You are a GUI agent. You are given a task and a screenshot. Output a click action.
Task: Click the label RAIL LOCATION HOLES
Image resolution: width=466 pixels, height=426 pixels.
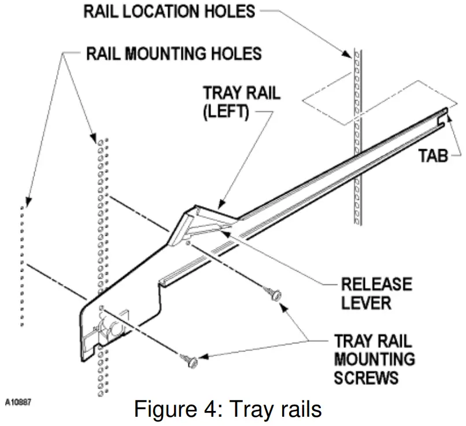pyautogui.click(x=168, y=12)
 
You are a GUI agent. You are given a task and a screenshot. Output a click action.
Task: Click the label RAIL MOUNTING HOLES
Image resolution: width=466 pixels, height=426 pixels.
pyautogui.click(x=173, y=54)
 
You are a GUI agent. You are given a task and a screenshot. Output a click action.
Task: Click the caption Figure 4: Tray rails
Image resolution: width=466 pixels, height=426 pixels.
pyautogui.click(x=228, y=409)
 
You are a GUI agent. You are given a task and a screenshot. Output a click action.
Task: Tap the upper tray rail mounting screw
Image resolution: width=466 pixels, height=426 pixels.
pyautogui.click(x=275, y=294)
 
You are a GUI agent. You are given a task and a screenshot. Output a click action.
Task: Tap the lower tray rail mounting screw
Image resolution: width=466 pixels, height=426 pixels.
pyautogui.click(x=189, y=361)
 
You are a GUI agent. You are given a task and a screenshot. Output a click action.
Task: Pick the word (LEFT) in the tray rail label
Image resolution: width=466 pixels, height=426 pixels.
pyautogui.click(x=225, y=111)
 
